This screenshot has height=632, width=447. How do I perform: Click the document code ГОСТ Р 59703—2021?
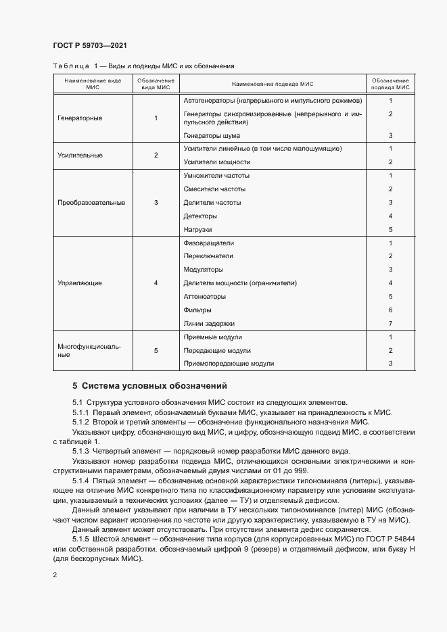coord(89,44)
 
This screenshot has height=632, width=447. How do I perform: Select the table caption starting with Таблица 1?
coord(143,66)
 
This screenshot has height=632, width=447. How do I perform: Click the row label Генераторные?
coord(80,118)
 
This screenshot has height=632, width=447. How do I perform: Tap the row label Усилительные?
coord(80,155)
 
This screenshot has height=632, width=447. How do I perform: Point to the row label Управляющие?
coord(80,283)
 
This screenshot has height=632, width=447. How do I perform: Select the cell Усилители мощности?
coord(216,162)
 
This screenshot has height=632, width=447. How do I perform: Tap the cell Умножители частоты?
coord(217,176)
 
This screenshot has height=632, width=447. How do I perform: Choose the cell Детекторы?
coord(200,216)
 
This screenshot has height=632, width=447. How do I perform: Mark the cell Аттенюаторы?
coord(204,296)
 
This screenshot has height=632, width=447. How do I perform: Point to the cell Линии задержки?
coord(209,323)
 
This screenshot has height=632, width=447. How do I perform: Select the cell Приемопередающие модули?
coord(229,364)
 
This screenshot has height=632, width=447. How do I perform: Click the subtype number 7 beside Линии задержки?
coord(391,323)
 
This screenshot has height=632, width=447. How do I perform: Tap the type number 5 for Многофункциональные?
coord(156,350)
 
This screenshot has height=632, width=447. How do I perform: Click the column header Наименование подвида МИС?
coord(273,83)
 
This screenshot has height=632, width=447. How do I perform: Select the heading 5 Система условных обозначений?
coord(149,387)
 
